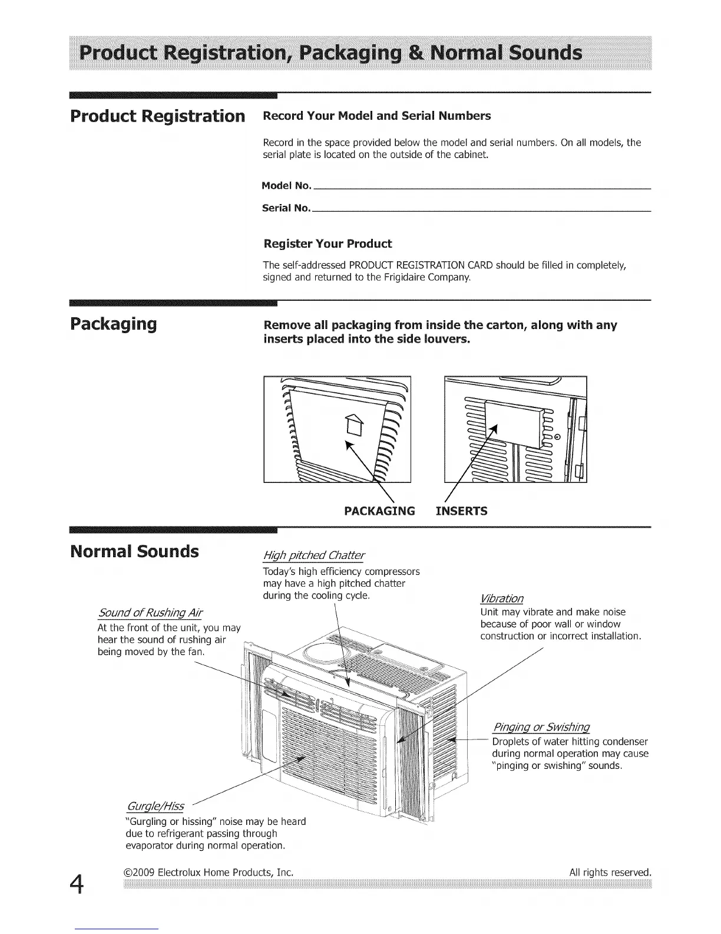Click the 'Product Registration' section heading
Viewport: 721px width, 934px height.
157,116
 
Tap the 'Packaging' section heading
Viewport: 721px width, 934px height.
114,324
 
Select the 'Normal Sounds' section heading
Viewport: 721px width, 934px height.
134,552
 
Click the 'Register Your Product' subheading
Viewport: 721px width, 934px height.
328,244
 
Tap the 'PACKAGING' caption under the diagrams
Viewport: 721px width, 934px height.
379,511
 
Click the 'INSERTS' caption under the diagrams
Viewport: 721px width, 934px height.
461,511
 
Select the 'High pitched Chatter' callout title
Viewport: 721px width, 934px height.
314,555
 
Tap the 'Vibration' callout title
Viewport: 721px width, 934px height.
502,598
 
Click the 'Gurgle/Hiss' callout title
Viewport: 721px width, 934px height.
156,806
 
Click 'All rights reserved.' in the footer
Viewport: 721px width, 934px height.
610,872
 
